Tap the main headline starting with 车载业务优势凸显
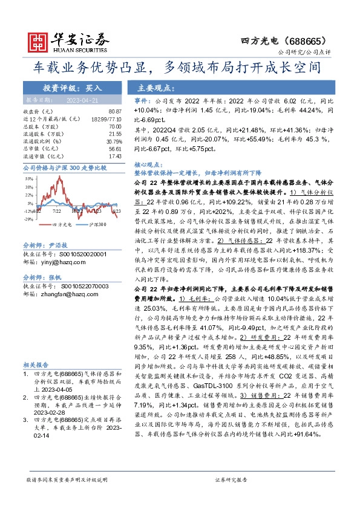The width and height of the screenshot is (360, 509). (x=179, y=66)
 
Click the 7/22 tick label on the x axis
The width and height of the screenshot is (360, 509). (x=57, y=211)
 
